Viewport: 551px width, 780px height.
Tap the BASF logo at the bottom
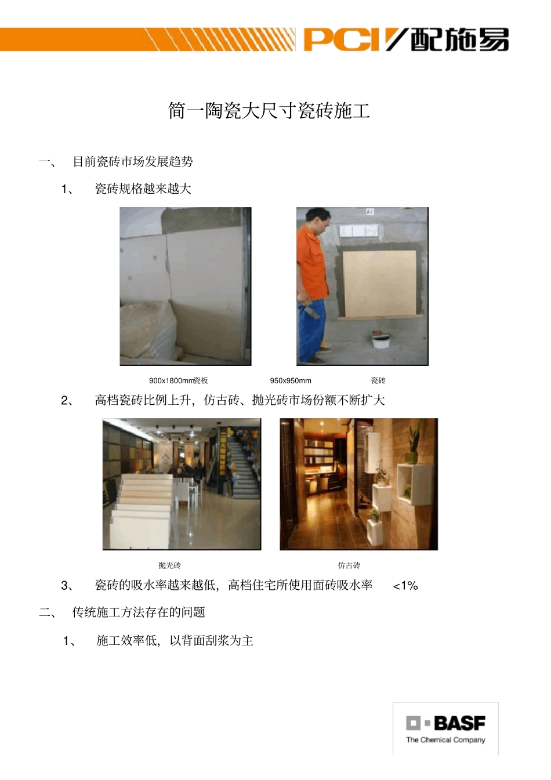(445, 723)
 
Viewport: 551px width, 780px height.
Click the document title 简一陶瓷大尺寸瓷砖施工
(269, 110)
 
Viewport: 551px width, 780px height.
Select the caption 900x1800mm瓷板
(178, 380)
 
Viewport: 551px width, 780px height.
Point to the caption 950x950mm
(291, 380)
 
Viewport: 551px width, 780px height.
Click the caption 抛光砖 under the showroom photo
(169, 565)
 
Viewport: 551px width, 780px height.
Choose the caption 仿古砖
(349, 565)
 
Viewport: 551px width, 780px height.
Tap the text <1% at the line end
(405, 586)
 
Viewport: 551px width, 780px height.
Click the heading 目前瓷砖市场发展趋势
(133, 162)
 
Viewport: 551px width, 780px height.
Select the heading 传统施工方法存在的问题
(139, 612)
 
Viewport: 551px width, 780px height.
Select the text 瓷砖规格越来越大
(143, 189)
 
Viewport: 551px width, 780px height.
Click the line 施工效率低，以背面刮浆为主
(175, 641)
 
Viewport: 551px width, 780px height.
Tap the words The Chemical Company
(445, 740)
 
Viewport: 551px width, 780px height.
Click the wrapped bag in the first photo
(148, 331)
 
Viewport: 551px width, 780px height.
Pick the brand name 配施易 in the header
(460, 39)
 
